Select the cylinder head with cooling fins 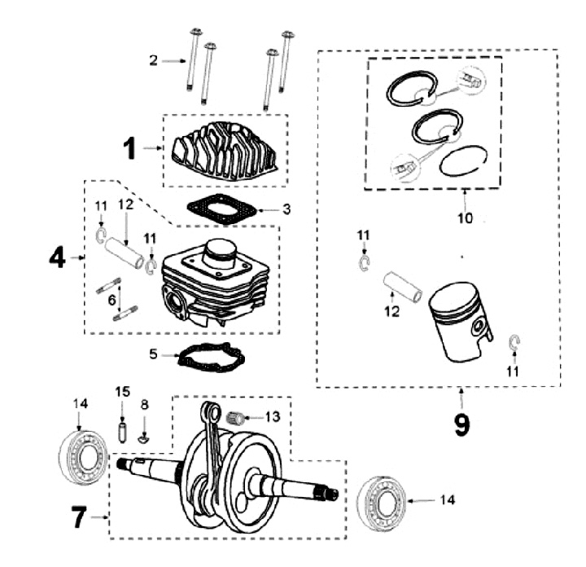pyautogui.click(x=225, y=151)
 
